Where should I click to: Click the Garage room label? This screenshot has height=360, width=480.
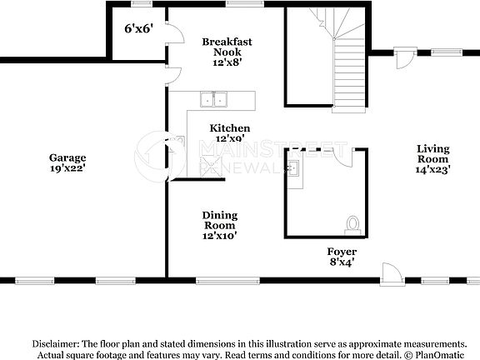(67, 157)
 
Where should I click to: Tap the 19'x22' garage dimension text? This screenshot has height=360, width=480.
(67, 167)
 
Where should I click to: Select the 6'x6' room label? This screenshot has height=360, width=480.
(138, 29)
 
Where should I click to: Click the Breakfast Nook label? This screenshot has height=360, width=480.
(227, 46)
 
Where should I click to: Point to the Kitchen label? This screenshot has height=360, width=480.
(229, 128)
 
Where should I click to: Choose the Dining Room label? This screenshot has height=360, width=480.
(219, 220)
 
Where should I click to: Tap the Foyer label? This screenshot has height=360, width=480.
(342, 252)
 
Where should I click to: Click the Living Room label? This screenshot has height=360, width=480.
(433, 153)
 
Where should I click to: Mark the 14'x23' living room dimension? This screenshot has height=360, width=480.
(433, 169)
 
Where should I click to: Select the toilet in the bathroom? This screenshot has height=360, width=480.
(352, 223)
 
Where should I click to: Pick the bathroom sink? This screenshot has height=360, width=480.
(294, 170)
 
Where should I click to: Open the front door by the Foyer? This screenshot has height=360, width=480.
(390, 272)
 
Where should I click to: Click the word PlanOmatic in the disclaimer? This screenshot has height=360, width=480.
(442, 354)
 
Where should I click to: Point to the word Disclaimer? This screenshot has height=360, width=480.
(56, 343)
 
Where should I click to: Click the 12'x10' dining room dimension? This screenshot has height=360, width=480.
(219, 236)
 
